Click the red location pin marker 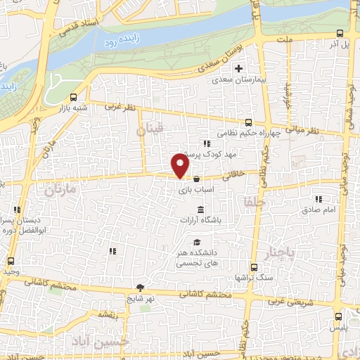pyautogui.click(x=181, y=166)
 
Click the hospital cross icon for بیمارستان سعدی pyautogui.click(x=239, y=69)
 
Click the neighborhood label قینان pyautogui.click(x=149, y=129)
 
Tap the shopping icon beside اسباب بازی pyautogui.click(x=195, y=178)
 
